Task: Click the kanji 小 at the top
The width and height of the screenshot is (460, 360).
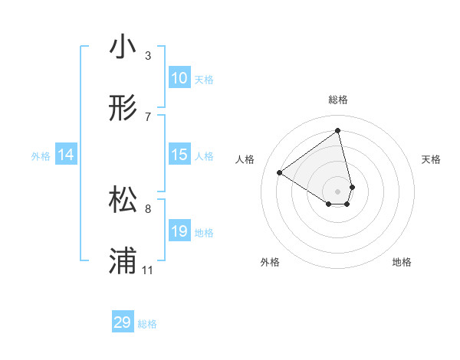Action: [x=123, y=47]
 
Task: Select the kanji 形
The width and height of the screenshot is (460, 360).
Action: [x=123, y=108]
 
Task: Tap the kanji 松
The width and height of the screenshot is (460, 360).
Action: [x=123, y=199]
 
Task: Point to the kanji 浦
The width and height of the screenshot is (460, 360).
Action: [x=123, y=260]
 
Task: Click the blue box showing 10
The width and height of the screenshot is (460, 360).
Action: [x=179, y=78]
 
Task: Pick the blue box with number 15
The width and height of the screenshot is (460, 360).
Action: [x=179, y=155]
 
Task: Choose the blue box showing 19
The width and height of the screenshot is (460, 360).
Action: [x=179, y=231]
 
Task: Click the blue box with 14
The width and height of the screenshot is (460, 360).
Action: [x=66, y=155]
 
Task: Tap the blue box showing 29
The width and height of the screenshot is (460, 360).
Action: [x=123, y=322]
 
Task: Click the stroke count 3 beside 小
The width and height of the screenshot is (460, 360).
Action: [x=148, y=56]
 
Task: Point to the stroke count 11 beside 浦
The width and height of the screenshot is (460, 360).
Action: [x=148, y=270]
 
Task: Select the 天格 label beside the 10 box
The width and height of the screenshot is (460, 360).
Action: [x=204, y=80]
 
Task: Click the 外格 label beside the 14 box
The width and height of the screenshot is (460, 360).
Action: [x=41, y=156]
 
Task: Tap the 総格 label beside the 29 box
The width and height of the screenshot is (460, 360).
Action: [x=147, y=324]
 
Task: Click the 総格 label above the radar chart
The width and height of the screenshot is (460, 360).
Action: [x=338, y=100]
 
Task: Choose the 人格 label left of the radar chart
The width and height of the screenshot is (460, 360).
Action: [x=245, y=159]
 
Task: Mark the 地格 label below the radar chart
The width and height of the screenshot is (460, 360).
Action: [x=402, y=262]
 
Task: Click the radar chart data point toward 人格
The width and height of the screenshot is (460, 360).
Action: [x=280, y=172]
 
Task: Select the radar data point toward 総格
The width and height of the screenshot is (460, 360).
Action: [x=338, y=131]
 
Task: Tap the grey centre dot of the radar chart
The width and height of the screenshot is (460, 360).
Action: [x=338, y=191]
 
